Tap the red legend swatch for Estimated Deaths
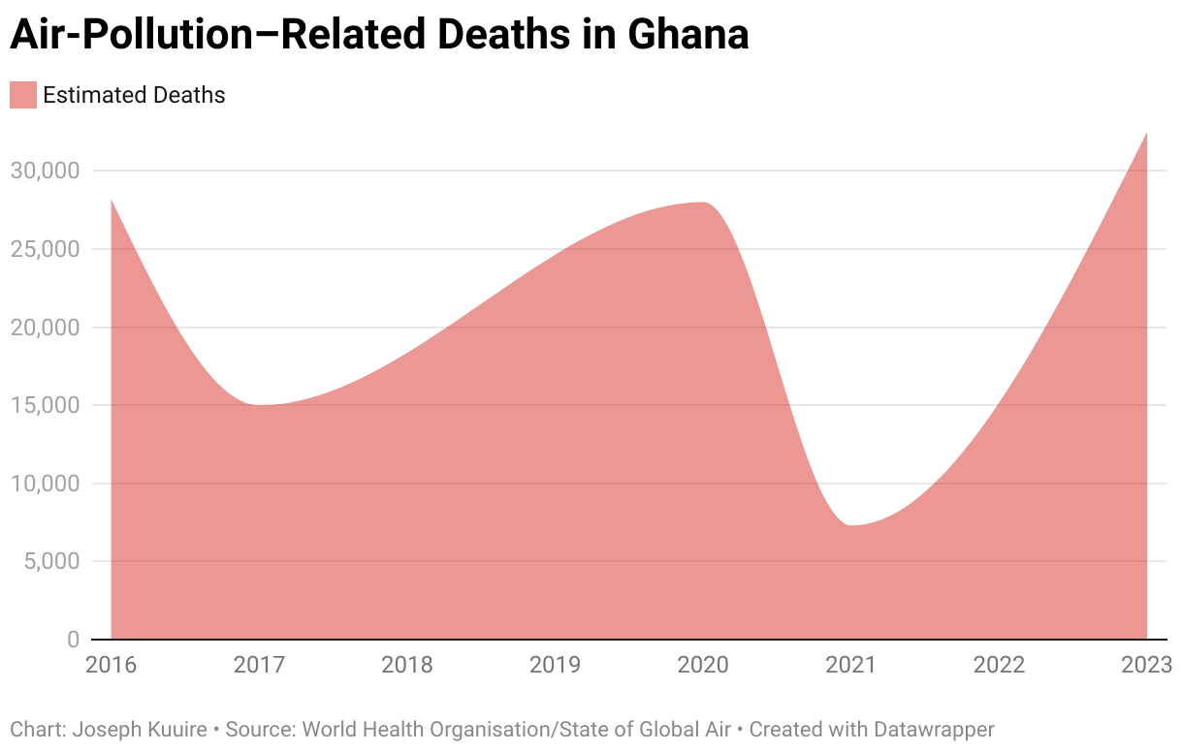point(23,95)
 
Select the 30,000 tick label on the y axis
point(45,171)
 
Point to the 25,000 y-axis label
point(45,249)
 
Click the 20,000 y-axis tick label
point(45,328)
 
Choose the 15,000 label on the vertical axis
point(45,405)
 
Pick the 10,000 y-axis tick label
point(45,484)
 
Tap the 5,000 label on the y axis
point(51,562)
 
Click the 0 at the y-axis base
point(73,640)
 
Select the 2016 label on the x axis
point(112,665)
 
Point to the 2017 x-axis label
point(259,665)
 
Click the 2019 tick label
point(555,665)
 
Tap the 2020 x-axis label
point(703,665)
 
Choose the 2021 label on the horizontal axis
point(850,665)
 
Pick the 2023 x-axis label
point(1146,665)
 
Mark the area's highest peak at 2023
point(1146,133)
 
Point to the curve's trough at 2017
point(260,405)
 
